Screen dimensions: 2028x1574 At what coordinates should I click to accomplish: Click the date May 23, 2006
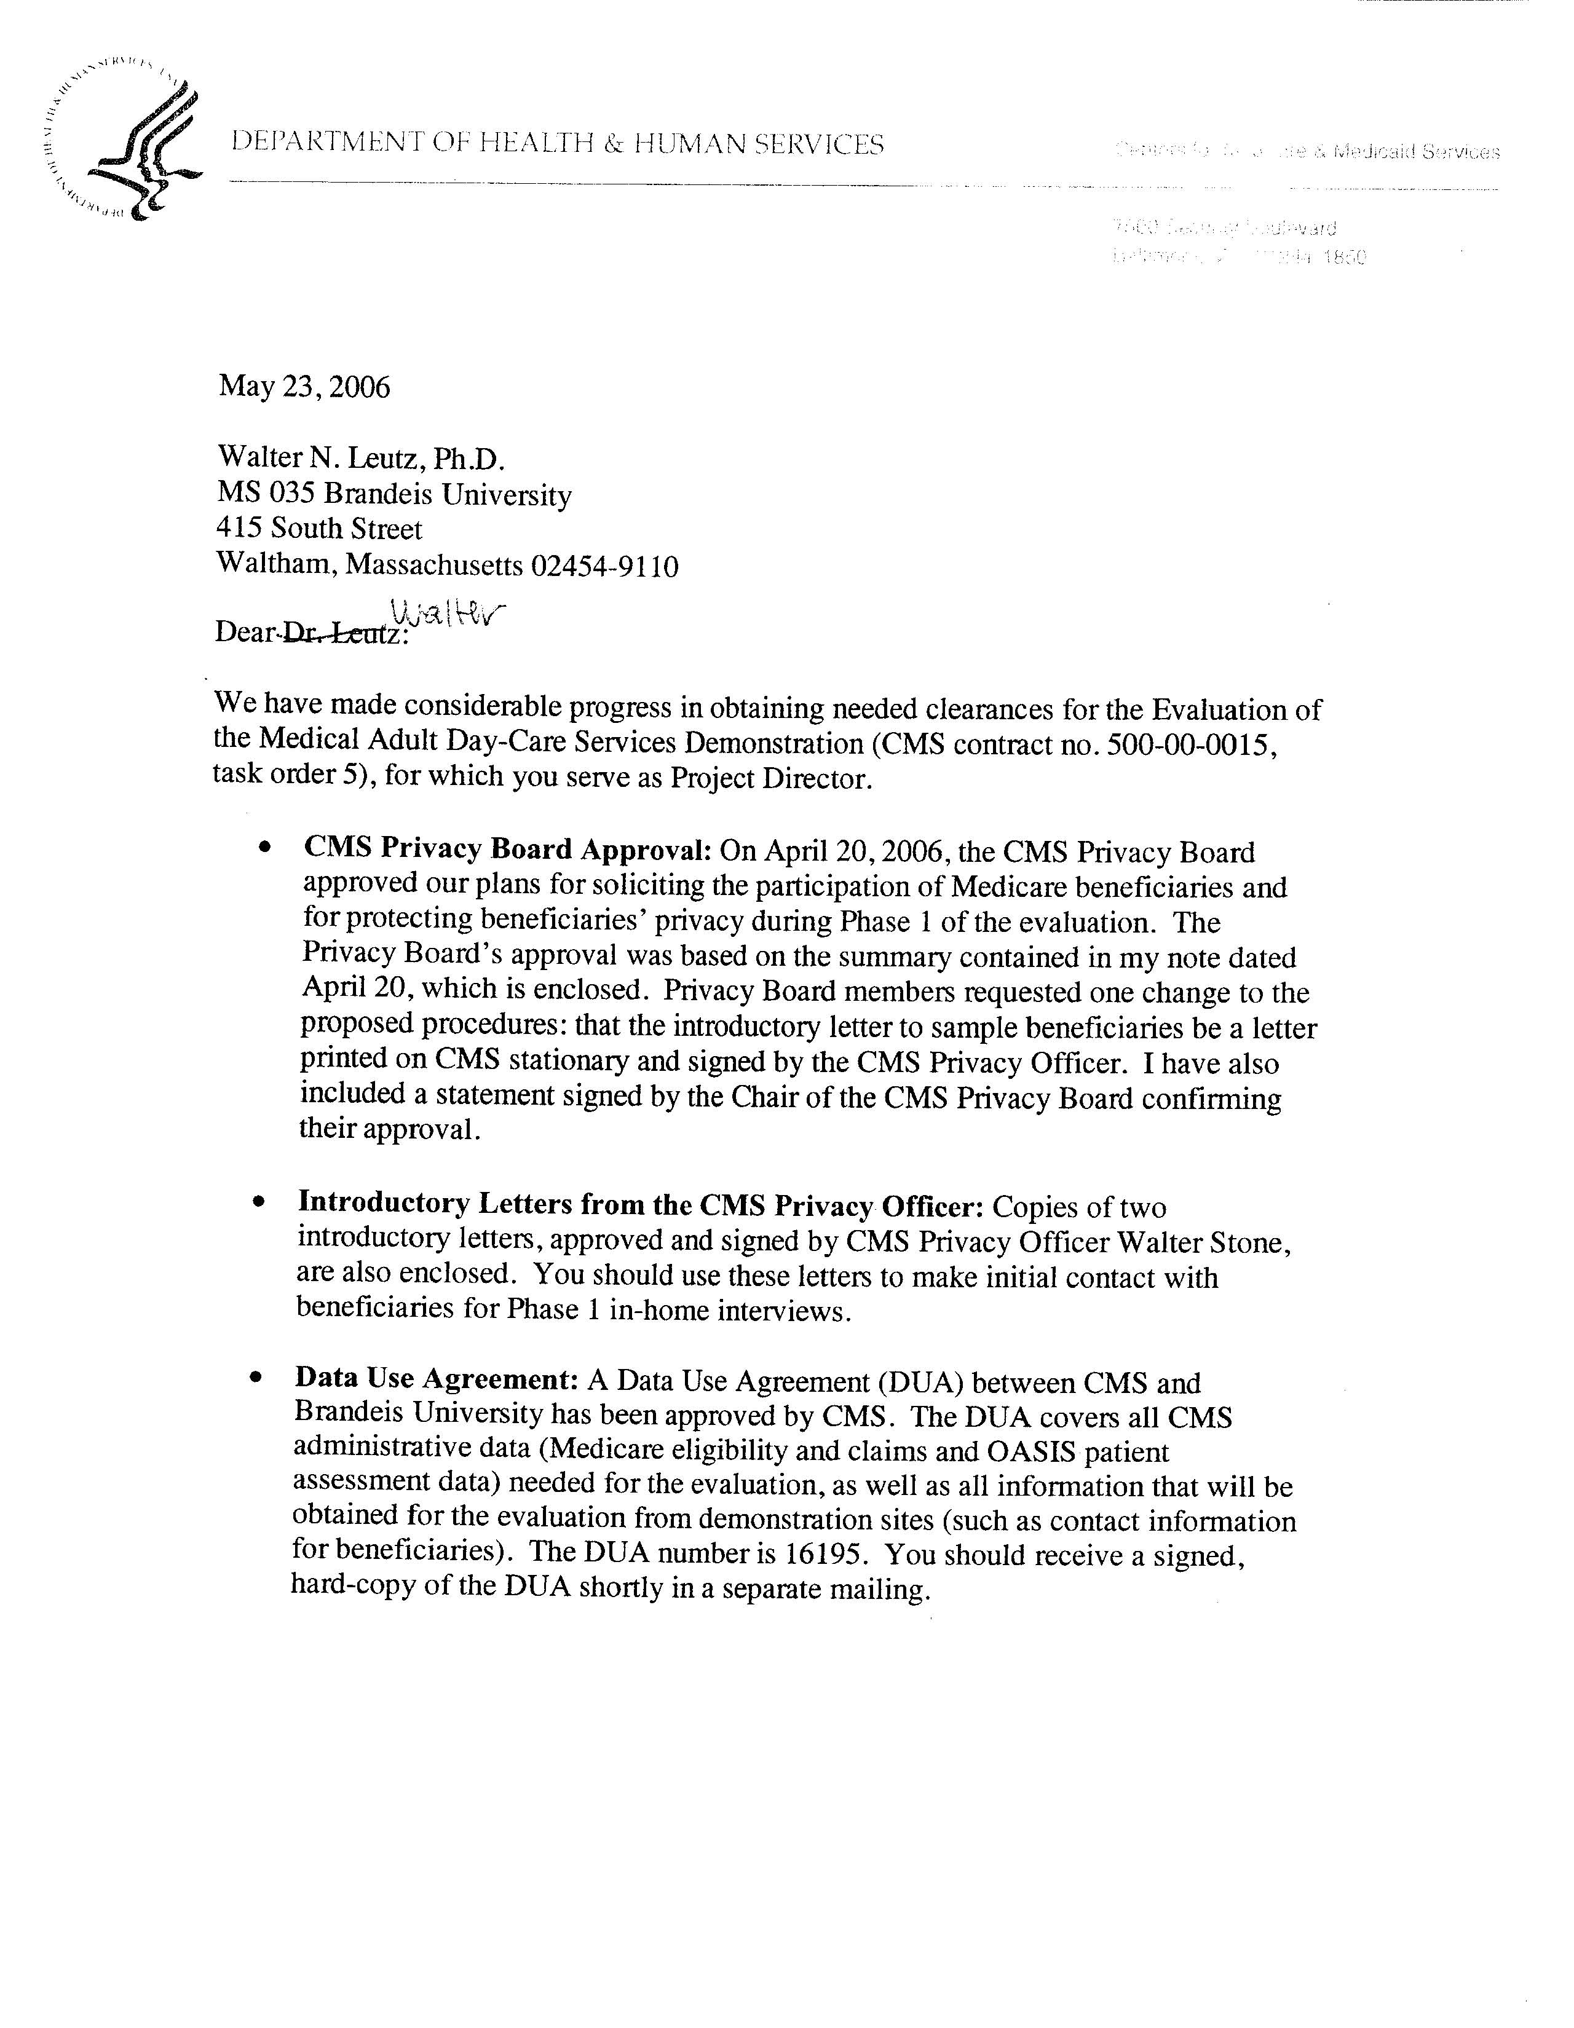pyautogui.click(x=304, y=386)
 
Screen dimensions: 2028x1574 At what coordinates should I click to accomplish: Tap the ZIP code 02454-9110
pyautogui.click(x=604, y=566)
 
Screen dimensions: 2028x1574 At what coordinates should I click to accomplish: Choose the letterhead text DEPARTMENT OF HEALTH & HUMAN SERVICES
pyautogui.click(x=557, y=144)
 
